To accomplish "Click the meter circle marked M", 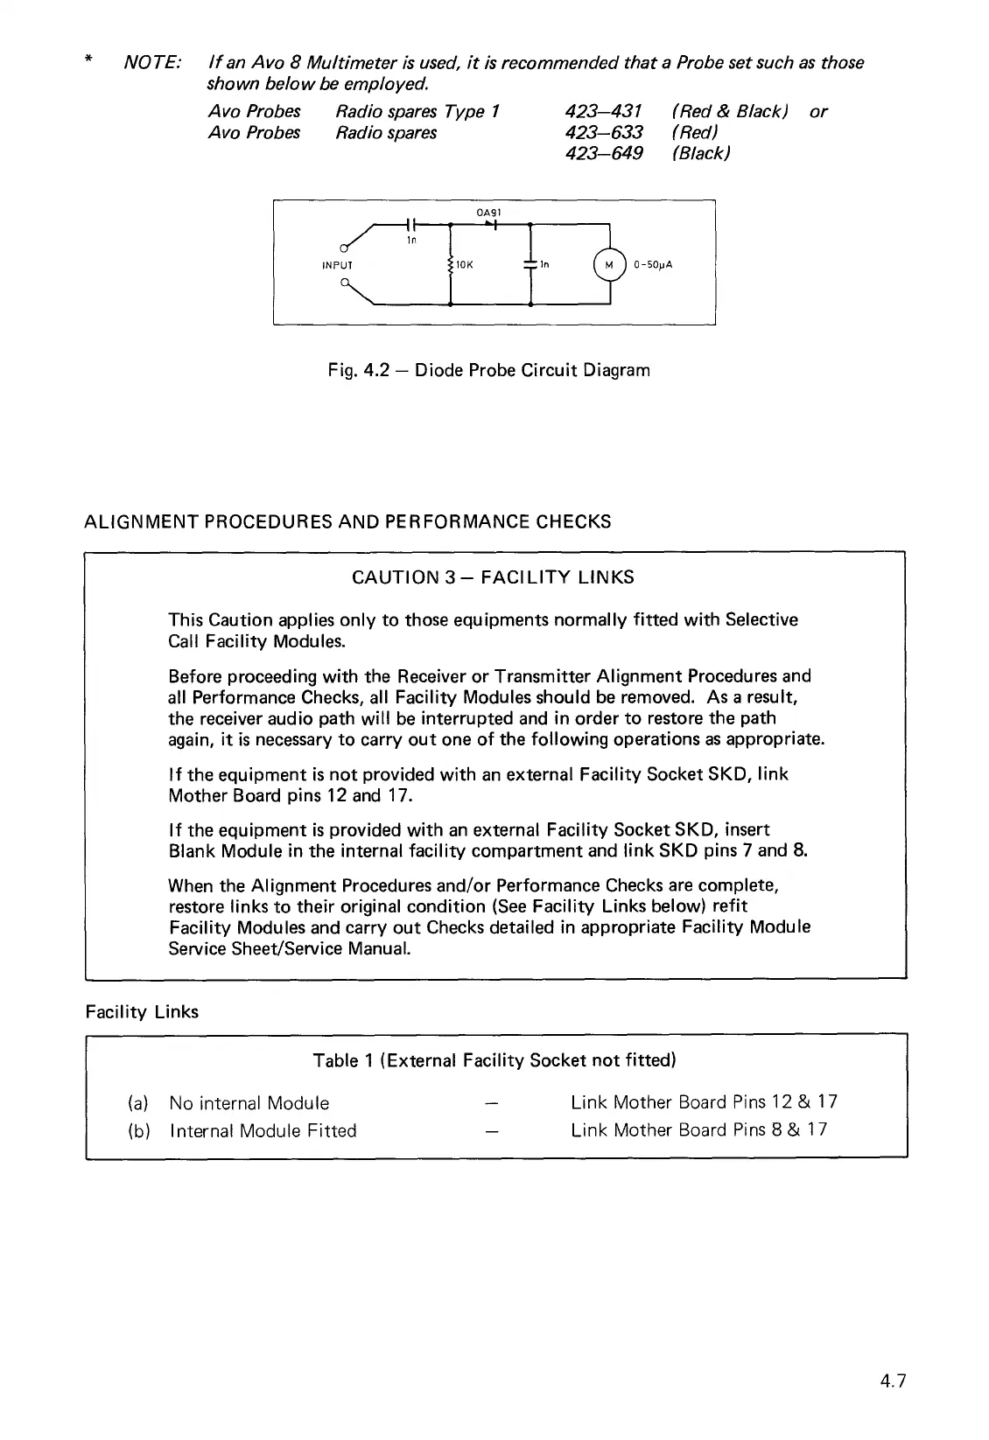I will click(609, 263).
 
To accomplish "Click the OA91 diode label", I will click(487, 213).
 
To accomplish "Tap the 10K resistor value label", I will click(463, 264).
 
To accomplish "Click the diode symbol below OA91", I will click(490, 225).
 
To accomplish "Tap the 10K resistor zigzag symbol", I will click(449, 264).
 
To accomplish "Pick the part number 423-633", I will click(604, 133).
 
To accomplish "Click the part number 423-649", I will click(604, 154).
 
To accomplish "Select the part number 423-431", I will click(604, 112).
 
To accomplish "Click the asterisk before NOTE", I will click(88, 63).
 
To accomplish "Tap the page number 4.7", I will click(893, 1381).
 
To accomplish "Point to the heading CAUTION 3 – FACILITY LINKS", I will click(493, 577).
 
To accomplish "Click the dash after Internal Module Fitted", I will click(491, 1131).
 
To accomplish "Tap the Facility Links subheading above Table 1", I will click(142, 1012).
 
